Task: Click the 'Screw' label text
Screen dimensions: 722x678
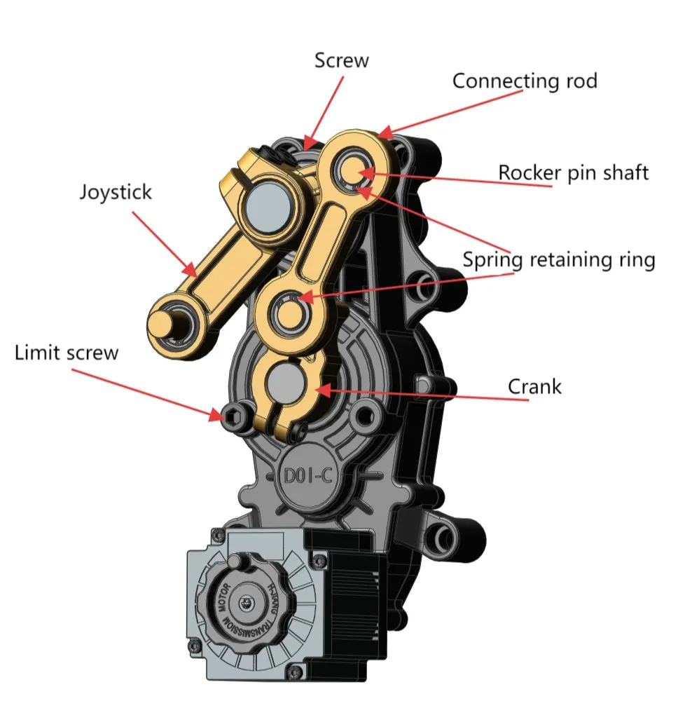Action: [x=341, y=60]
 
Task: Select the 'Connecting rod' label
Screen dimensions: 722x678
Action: [x=525, y=81]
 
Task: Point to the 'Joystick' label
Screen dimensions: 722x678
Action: [x=115, y=191]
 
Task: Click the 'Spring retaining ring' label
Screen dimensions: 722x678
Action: [x=558, y=260]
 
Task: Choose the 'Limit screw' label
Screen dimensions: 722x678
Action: [x=67, y=352]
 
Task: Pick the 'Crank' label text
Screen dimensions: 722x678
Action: [x=534, y=386]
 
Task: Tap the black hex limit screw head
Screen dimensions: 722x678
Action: [x=231, y=414]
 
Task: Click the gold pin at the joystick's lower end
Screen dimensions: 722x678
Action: [x=166, y=323]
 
